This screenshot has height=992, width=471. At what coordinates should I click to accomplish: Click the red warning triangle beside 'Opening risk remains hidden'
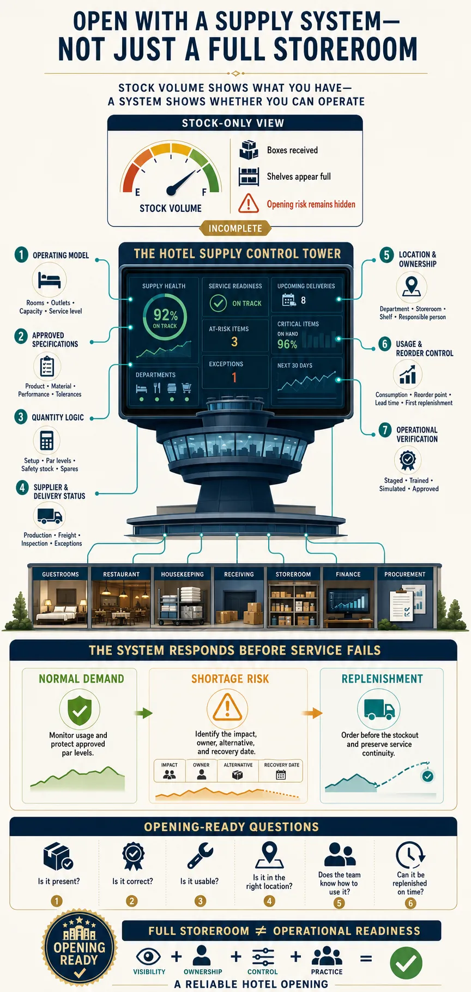249,203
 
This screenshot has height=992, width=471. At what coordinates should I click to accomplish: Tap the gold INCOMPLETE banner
235,228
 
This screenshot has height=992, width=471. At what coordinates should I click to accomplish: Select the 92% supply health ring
165,317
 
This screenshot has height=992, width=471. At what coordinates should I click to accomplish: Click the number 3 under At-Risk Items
234,342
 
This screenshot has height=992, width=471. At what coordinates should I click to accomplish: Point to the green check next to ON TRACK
218,303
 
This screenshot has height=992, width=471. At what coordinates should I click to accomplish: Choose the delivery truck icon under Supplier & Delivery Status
50,515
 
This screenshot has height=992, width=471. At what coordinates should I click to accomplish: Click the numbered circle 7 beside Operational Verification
385,430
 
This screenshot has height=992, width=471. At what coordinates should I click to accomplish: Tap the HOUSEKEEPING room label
182,574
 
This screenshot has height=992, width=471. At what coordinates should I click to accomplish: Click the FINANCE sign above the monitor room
348,574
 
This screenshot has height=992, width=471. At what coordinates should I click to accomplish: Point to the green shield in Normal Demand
80,710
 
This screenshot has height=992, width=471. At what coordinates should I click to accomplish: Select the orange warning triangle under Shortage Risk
227,708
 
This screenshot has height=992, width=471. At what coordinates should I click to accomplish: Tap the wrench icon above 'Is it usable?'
200,855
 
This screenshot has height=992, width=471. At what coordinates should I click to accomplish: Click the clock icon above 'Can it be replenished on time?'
410,855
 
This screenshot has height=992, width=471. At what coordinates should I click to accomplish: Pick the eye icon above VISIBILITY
148,956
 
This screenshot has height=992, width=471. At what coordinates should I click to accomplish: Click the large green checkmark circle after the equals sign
406,963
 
